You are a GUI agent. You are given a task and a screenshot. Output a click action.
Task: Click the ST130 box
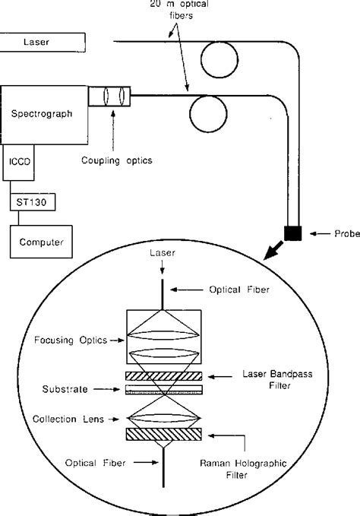[x=28, y=202]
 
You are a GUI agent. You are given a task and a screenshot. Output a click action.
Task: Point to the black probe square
[x=292, y=233]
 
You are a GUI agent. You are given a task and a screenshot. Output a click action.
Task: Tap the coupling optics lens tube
[x=109, y=97]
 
